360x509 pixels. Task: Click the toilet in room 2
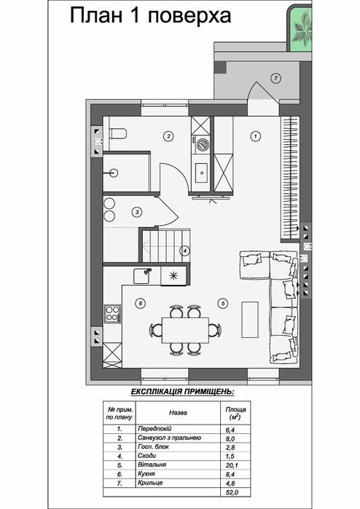(118, 133)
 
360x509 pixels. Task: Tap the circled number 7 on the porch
(275, 78)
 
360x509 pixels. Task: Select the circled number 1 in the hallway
(256, 136)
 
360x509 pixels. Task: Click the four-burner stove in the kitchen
(112, 314)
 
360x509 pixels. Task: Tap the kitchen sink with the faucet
(142, 275)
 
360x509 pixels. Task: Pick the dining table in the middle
(185, 330)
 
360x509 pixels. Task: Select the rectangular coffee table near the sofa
(250, 320)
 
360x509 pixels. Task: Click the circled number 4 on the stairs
(184, 250)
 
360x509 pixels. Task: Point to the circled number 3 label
(137, 213)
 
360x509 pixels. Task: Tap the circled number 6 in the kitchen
(141, 304)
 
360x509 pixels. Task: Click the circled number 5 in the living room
(223, 304)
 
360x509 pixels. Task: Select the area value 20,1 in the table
(232, 465)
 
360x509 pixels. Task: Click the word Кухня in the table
(146, 474)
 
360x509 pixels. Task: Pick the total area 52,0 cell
(232, 492)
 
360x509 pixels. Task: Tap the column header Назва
(178, 413)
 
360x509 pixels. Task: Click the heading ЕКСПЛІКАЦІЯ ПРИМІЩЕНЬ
(182, 392)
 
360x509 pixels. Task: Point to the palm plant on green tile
(302, 29)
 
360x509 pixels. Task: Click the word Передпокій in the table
(154, 429)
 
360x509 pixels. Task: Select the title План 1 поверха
(150, 16)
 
